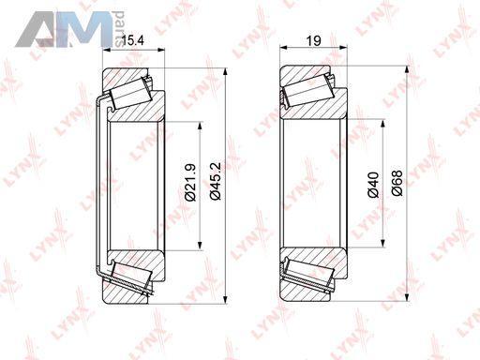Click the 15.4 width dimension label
click(x=132, y=40)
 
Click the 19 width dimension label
click(x=314, y=40)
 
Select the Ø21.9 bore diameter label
click(x=190, y=182)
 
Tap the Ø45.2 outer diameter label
click(x=216, y=181)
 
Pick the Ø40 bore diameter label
click(x=373, y=185)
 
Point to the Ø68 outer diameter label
click(x=397, y=183)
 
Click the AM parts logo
click(x=69, y=29)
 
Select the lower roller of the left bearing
click(x=132, y=275)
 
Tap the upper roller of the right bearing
click(x=307, y=90)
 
